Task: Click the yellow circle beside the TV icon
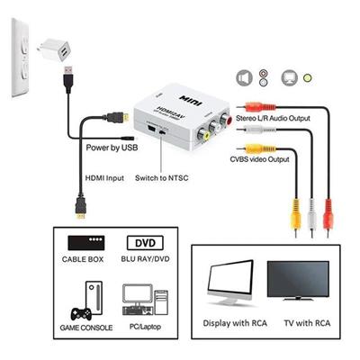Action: pos(309,78)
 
